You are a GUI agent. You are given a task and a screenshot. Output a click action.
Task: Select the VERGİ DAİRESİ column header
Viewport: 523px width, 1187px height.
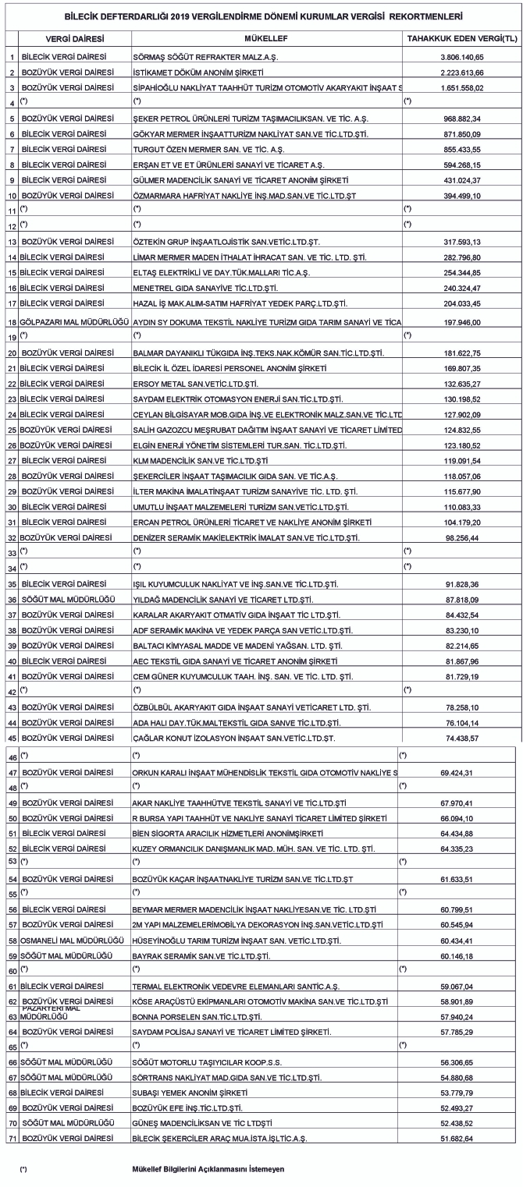point(73,37)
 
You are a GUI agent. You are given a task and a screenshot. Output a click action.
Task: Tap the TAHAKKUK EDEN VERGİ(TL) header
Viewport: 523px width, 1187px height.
point(462,37)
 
